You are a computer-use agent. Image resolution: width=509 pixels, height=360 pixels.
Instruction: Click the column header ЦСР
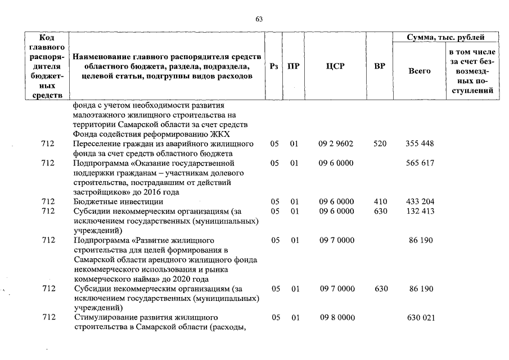point(335,66)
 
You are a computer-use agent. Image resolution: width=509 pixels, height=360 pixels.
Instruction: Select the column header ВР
point(380,66)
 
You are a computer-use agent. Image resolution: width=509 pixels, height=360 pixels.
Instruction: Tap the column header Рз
point(273,66)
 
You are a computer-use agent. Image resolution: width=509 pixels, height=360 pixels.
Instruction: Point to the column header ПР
point(293,66)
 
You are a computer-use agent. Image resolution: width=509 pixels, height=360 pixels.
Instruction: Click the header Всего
point(419,71)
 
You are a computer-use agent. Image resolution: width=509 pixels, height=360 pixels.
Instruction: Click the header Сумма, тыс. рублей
point(446,38)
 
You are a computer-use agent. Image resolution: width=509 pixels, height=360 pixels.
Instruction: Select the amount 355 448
point(420,144)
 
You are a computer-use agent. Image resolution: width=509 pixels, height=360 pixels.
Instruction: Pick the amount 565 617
point(420,163)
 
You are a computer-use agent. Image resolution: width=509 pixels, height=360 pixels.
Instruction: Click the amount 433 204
point(420,201)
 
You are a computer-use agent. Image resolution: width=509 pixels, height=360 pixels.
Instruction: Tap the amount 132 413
point(420,211)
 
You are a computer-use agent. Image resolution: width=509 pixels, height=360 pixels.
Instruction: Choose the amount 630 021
point(420,318)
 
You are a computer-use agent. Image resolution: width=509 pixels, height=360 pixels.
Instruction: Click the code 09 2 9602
point(336,144)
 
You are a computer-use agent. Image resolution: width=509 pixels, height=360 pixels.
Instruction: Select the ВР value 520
point(380,144)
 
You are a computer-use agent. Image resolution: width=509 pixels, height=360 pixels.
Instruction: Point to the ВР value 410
point(380,201)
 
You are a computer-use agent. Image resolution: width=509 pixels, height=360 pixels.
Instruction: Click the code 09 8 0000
point(336,318)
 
